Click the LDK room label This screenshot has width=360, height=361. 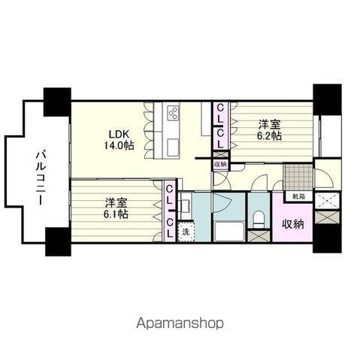coord(119,135)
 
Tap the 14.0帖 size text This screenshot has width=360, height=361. coord(119,146)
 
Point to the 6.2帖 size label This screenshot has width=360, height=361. coord(269,135)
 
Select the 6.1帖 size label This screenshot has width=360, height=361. coord(116,214)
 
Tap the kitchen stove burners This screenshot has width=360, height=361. coord(173,112)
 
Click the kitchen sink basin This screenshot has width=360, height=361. coord(173,147)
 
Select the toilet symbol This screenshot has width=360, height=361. coord(259,220)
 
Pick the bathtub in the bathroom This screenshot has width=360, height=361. coord(228,232)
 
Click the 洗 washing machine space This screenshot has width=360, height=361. coord(186,232)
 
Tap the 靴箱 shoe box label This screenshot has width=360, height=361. coord(299,197)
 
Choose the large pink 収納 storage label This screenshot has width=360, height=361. coord(293,224)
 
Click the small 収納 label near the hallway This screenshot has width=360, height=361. coord(220,165)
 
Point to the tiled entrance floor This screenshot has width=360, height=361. coord(298,177)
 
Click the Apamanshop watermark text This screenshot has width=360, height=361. coord(180,323)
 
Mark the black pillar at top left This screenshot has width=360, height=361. coord(57,102)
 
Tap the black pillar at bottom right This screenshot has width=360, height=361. coord(327,238)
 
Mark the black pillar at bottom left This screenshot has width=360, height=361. coord(58,241)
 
